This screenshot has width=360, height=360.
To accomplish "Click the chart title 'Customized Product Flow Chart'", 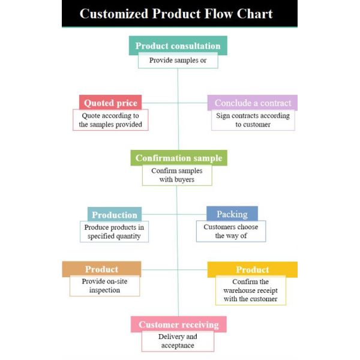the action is pyautogui.click(x=176, y=14).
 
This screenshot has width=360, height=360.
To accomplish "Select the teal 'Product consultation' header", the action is pyautogui.click(x=178, y=45).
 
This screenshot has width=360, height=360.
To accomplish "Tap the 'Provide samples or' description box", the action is pyautogui.click(x=178, y=61).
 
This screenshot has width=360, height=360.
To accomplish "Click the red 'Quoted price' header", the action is pyautogui.click(x=110, y=102).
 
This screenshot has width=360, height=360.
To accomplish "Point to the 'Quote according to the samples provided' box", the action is pyautogui.click(x=110, y=120).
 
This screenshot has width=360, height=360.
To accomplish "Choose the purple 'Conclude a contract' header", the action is pyautogui.click(x=253, y=103).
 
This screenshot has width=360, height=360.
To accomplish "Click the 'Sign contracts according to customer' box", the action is pyautogui.click(x=253, y=120).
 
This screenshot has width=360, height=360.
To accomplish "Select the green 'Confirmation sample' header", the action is pyautogui.click(x=179, y=158).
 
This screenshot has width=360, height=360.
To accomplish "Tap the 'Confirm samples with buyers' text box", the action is pyautogui.click(x=177, y=175).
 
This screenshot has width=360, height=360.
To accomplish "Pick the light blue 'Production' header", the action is pyautogui.click(x=115, y=214).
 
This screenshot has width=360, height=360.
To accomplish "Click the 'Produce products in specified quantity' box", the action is pyautogui.click(x=114, y=232).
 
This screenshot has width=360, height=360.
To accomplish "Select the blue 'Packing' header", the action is pyautogui.click(x=232, y=214).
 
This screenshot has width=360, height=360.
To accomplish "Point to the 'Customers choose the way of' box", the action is pyautogui.click(x=231, y=231).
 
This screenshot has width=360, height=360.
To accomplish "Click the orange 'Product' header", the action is pyautogui.click(x=101, y=269).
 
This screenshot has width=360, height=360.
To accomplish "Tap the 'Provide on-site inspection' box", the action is pyautogui.click(x=104, y=286).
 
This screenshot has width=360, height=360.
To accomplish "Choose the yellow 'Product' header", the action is pyautogui.click(x=253, y=269).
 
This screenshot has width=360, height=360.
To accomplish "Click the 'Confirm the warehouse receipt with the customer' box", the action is pyautogui.click(x=251, y=290).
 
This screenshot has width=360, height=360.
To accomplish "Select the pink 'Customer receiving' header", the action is pyautogui.click(x=179, y=324).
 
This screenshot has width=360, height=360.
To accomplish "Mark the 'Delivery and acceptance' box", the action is pyautogui.click(x=178, y=341).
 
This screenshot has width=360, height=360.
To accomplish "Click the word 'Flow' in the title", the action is pyautogui.click(x=218, y=14).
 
